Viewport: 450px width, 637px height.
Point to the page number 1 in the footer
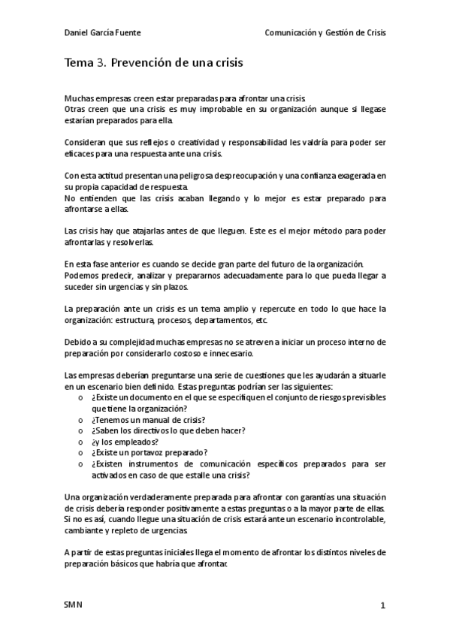(382, 605)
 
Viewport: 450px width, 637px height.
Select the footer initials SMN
(74, 605)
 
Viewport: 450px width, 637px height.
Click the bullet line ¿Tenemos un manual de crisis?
(148, 419)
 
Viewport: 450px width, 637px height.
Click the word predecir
(131, 276)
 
